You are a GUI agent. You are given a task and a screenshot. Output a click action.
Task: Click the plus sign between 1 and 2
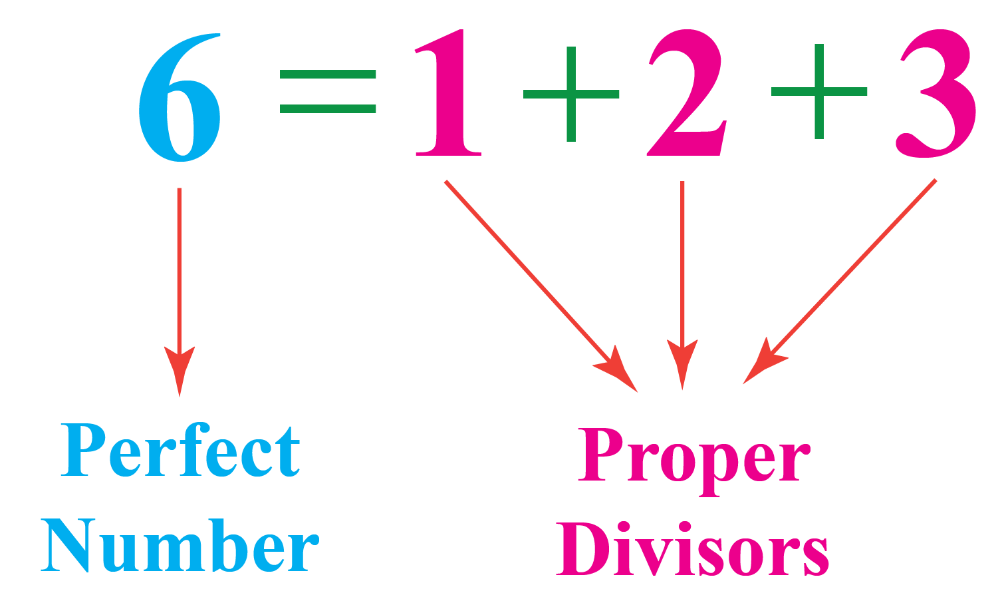coord(570,93)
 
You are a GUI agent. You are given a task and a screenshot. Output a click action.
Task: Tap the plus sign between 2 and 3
coord(818,92)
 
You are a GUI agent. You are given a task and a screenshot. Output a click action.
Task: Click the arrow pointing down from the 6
coord(179,280)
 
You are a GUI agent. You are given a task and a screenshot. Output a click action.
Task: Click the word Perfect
coord(181,453)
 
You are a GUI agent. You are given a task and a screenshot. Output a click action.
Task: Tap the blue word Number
coord(181,547)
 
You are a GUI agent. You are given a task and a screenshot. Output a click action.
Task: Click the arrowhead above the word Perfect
coord(179,369)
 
